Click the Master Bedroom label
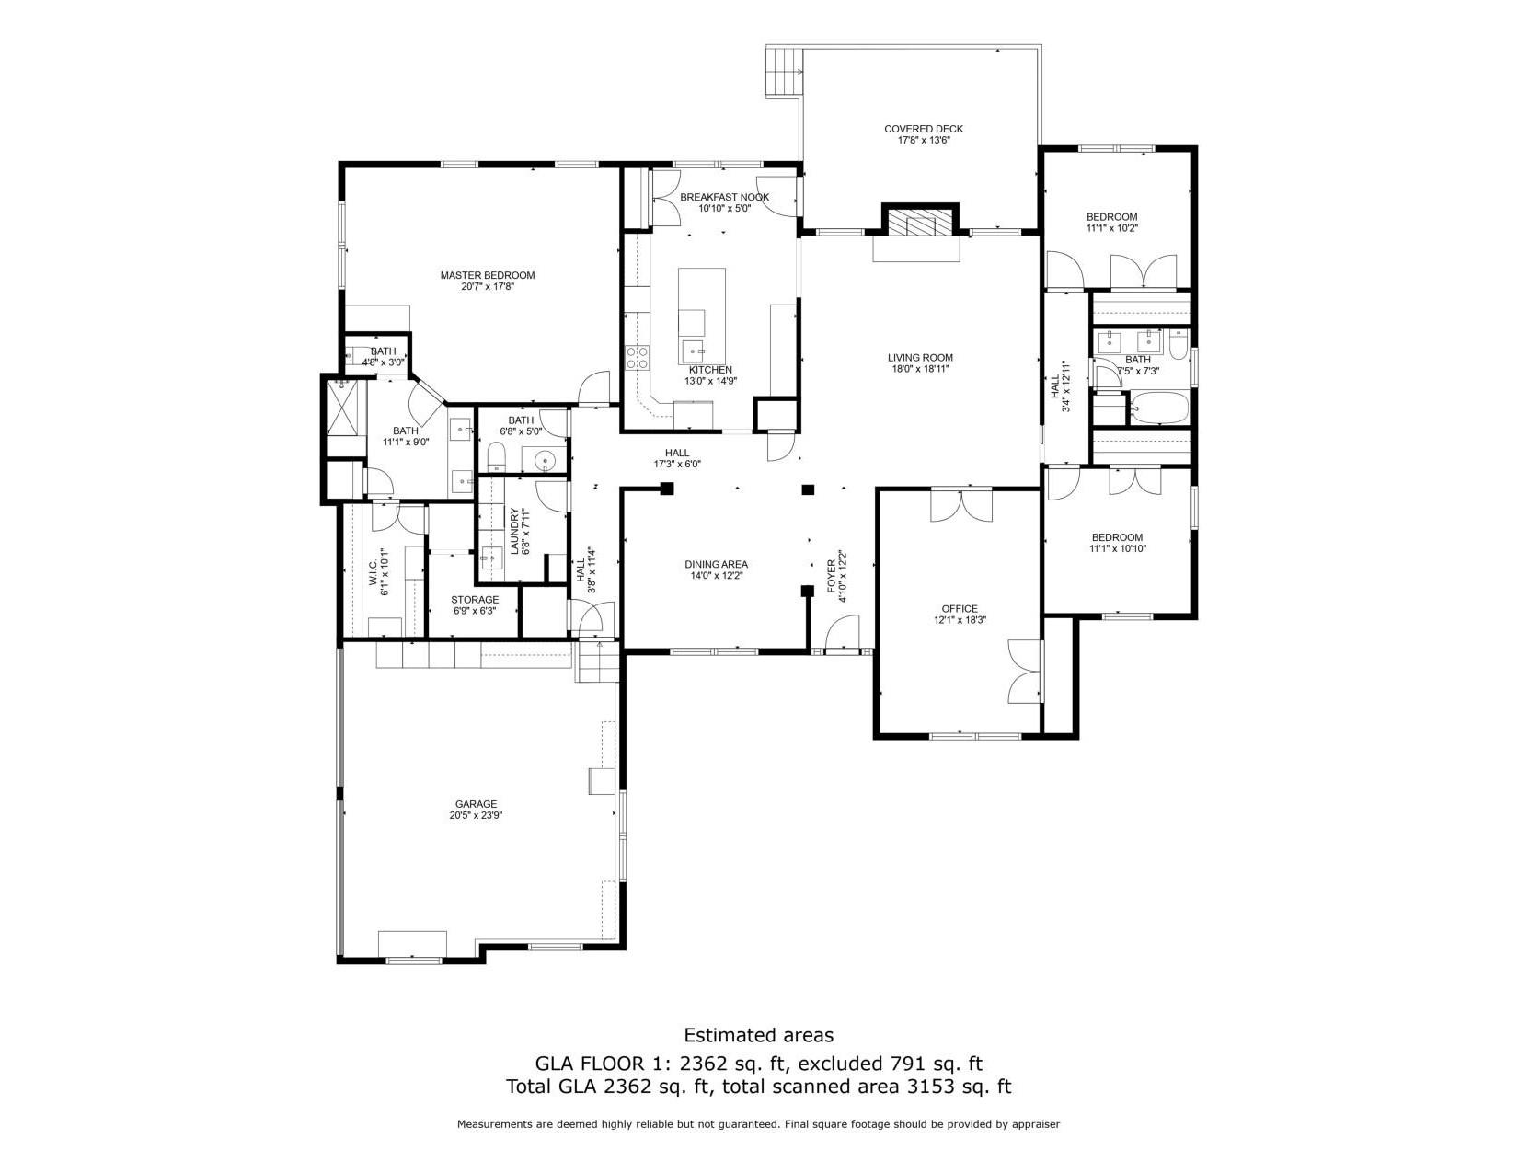(x=487, y=275)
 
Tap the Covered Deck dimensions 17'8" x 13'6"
(x=923, y=141)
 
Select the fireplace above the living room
(x=920, y=223)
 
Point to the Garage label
(x=475, y=803)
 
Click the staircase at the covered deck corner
(x=785, y=72)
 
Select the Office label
(x=959, y=608)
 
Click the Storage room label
(x=475, y=600)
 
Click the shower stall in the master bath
(x=343, y=406)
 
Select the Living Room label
(x=919, y=358)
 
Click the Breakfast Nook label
(x=724, y=197)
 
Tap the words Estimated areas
(x=758, y=1035)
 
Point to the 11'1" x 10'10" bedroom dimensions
(x=1117, y=549)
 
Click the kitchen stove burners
(x=637, y=357)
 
